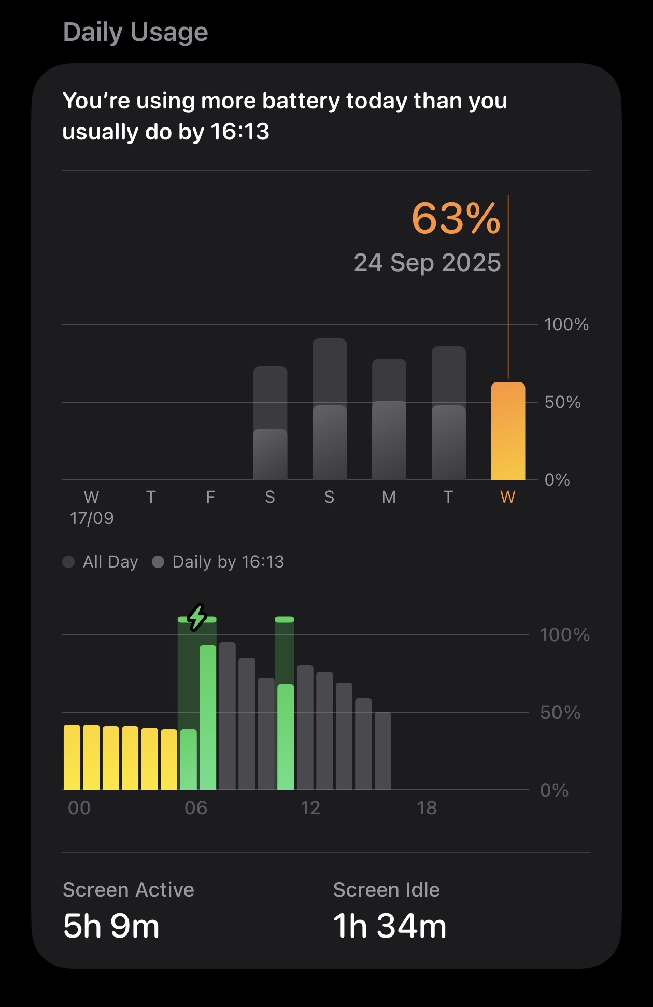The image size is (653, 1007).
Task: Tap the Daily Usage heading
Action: [135, 32]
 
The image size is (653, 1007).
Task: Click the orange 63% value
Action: [456, 218]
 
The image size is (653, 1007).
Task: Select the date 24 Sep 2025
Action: [427, 263]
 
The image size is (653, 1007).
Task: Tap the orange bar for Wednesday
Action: [508, 431]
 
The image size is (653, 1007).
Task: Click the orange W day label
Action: [508, 497]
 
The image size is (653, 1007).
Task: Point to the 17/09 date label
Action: [92, 518]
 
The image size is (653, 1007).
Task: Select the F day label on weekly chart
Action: [210, 497]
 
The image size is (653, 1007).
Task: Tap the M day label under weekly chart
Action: [389, 497]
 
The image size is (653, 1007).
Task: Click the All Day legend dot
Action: [68, 562]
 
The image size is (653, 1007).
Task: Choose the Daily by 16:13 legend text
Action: [228, 562]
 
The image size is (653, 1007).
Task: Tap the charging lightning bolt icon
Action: [197, 617]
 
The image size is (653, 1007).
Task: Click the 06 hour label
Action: [196, 808]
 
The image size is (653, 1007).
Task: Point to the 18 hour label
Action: [427, 808]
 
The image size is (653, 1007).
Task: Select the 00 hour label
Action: [79, 808]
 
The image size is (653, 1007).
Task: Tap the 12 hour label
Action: [310, 808]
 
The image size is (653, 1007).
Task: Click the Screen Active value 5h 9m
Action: [111, 926]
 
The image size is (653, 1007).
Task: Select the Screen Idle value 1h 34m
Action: [389, 926]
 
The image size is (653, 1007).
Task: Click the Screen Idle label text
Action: [386, 890]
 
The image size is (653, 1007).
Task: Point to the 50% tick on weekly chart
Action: [562, 402]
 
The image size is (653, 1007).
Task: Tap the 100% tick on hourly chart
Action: [564, 635]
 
